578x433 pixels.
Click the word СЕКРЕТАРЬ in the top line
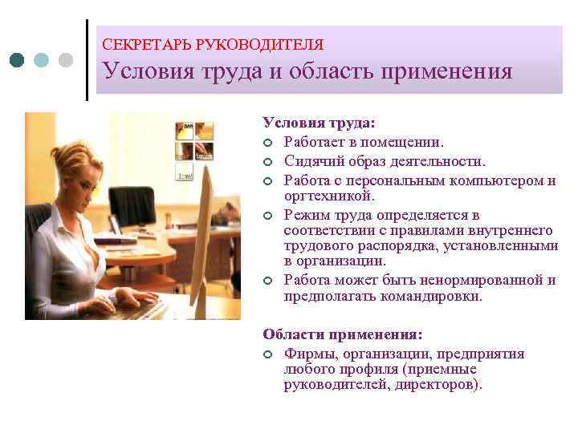(x=147, y=45)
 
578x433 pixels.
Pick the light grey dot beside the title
(x=65, y=60)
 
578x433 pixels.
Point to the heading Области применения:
(x=342, y=334)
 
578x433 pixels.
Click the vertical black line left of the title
(x=87, y=60)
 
